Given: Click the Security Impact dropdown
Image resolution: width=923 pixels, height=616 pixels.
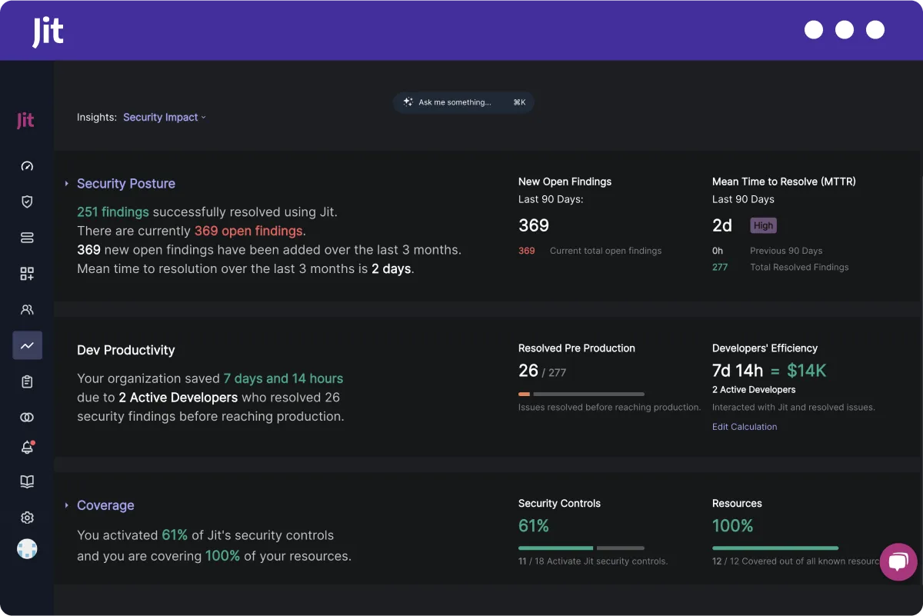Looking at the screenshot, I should pos(165,118).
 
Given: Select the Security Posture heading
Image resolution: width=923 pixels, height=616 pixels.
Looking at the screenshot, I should pos(126,184).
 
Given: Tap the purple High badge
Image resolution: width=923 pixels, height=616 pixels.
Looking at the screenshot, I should pos(763,225).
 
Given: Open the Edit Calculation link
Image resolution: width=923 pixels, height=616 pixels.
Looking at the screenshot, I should pos(744,427).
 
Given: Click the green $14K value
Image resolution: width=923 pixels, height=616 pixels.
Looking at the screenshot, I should pos(806,371).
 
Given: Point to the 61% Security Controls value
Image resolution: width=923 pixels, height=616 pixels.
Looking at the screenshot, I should pos(533,526).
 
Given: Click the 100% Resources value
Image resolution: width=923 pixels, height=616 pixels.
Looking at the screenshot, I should pos(732,526).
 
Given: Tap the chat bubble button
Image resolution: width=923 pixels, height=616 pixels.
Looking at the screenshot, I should pos(898,562).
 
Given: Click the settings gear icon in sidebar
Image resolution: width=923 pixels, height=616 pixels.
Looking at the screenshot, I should pos(27,518).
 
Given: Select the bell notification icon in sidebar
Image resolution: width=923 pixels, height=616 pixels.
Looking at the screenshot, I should pos(27,447).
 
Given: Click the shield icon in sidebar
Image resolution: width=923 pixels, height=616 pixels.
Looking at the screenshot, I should pos(27,201).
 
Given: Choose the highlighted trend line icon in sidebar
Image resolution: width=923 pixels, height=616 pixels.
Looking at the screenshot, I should pos(27,346).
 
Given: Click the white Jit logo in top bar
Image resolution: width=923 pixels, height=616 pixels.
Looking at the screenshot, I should pos(48,32).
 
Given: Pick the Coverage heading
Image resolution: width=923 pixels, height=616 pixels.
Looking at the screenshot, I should pos(105,505).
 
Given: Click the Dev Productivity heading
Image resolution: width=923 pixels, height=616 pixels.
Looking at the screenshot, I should pos(126,351).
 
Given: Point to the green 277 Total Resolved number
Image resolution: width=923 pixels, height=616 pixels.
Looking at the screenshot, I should pos(720,268).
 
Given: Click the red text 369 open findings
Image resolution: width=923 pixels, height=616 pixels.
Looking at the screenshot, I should pos(248,231).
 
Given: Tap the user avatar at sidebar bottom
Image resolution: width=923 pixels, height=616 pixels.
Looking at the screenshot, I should pos(27,549).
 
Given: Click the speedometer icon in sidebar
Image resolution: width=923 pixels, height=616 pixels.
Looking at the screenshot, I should pos(27,166).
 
